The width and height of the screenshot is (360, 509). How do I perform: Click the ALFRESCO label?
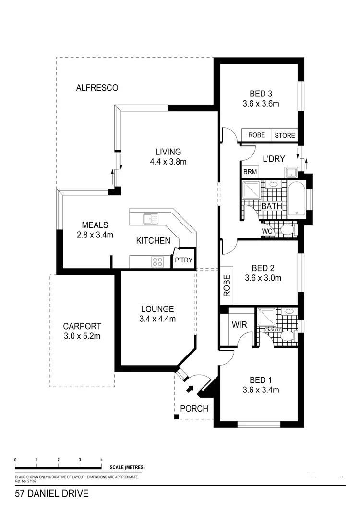point(97,88)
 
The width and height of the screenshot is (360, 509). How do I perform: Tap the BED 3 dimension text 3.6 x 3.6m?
point(261,103)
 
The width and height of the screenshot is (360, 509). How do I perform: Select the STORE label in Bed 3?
point(285,135)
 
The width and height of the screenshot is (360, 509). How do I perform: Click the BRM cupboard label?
point(250,172)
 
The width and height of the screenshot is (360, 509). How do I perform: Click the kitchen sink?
point(150,219)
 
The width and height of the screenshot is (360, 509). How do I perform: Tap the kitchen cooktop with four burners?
point(157,261)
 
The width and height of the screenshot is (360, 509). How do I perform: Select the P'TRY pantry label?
point(183,260)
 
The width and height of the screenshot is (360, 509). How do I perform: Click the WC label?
point(267,231)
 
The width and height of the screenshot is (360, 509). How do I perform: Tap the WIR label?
point(239,325)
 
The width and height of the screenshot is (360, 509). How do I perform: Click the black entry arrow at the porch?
point(191,389)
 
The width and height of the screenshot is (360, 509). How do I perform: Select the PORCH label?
point(194,409)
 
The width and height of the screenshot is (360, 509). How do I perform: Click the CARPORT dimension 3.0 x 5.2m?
point(82,336)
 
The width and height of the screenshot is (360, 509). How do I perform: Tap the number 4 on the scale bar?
point(101,459)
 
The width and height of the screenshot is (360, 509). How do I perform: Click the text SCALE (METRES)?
point(127,467)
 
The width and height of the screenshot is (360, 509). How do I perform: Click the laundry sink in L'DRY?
point(290,172)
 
